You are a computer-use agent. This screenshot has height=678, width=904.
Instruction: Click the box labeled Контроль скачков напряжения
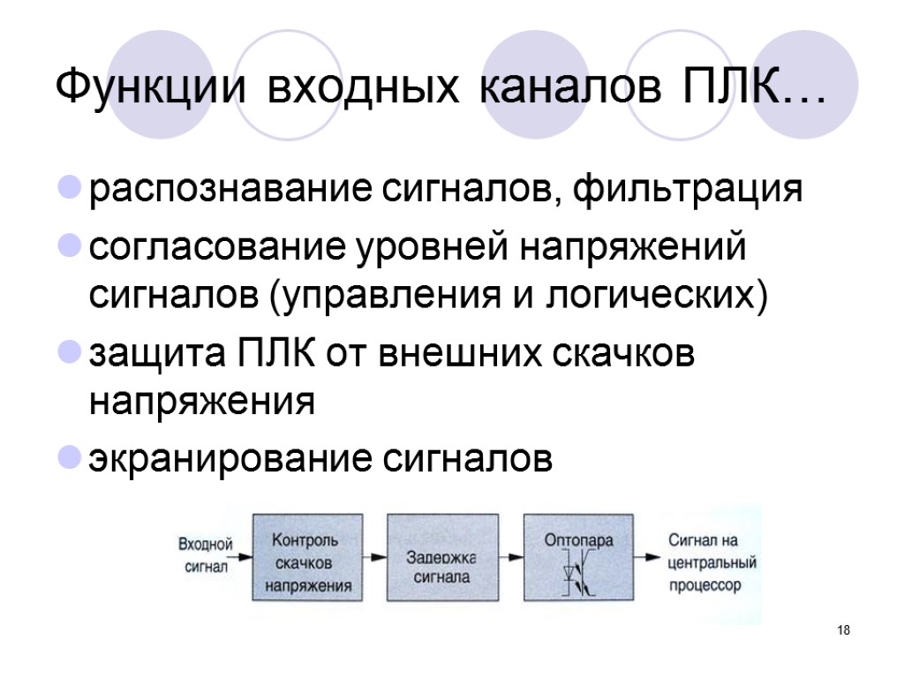307,558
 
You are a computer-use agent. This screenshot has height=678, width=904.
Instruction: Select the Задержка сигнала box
442,558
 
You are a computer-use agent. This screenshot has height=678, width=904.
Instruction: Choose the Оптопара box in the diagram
579,558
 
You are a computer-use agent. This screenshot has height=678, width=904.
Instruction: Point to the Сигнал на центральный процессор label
712,561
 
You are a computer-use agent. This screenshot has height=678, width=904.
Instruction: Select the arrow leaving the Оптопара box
649,558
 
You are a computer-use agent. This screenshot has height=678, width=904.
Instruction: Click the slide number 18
843,630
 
